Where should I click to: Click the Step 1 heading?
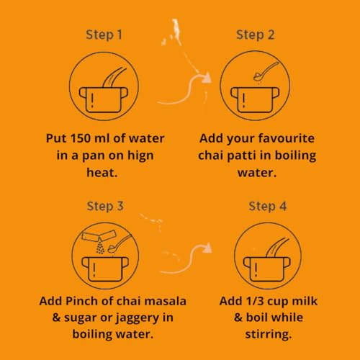(104, 35)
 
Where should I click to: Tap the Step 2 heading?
(256, 35)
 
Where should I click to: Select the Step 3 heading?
(105, 207)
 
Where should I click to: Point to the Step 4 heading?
(268, 207)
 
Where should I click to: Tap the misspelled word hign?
(140, 156)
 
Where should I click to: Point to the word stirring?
(269, 335)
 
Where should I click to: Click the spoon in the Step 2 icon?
(266, 71)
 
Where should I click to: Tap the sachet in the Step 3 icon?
(99, 235)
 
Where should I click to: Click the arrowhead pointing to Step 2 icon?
(206, 78)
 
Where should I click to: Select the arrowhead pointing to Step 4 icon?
(207, 247)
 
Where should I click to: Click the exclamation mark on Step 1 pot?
(92, 100)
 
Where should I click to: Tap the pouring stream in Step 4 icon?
(276, 247)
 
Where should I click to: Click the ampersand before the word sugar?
(56, 318)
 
